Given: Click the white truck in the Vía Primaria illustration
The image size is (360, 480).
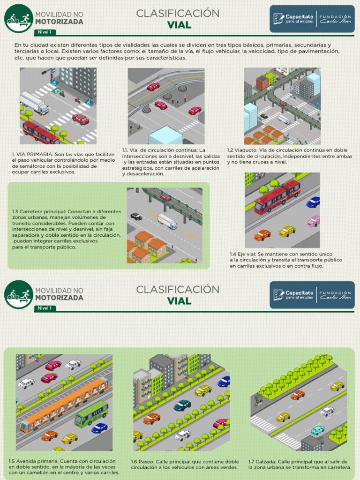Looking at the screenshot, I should pos(34,102).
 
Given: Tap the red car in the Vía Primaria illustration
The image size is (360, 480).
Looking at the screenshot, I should pos(81,119).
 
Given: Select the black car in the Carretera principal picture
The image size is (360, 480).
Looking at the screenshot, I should pos(136,216).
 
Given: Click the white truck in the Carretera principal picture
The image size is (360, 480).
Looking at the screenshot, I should pos(167,221).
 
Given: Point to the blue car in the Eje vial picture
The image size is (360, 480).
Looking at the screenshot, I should pos(313,202).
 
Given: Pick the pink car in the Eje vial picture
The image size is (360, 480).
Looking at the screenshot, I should pos(313,221).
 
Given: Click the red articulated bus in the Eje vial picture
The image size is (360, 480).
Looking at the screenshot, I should pos(277,196).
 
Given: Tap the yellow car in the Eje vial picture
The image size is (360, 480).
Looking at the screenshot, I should pos(287,231).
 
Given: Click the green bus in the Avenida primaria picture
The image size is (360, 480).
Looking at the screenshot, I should pos(91,412).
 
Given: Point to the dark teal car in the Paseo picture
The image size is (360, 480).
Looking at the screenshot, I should pos(182,405).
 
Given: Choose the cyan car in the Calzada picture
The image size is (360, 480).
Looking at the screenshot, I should pos(317,430).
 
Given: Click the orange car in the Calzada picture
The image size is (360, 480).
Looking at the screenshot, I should pos(297,395).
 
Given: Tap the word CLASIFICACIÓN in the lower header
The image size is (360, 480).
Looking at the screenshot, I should pos(178,289).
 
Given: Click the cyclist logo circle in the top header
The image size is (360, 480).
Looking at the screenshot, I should pos(18,18).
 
